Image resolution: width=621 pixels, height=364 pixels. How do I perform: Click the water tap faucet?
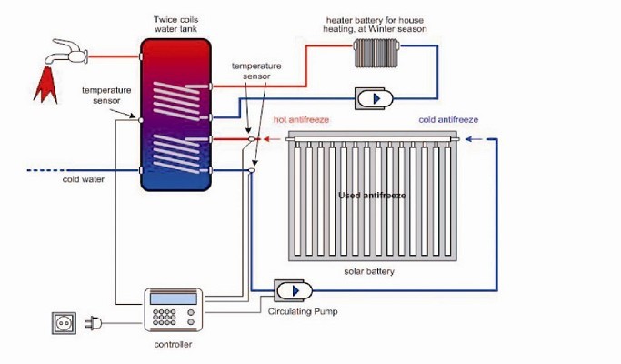pyautogui.click(x=66, y=52)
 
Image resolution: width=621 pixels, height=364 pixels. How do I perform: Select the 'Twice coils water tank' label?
pyautogui.click(x=175, y=25)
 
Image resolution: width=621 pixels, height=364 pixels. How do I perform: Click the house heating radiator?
pyautogui.click(x=376, y=53)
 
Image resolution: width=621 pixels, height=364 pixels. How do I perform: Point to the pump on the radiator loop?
pyautogui.click(x=375, y=98)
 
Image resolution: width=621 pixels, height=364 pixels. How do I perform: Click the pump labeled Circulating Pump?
pyautogui.click(x=293, y=291)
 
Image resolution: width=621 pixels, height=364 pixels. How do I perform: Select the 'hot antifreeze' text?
pyautogui.click(x=301, y=119)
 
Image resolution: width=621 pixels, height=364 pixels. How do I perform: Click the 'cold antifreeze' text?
pyautogui.click(x=448, y=119)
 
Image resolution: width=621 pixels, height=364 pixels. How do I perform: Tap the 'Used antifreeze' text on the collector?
pyautogui.click(x=372, y=195)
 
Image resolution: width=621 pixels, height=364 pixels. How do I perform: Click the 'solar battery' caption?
pyautogui.click(x=369, y=271)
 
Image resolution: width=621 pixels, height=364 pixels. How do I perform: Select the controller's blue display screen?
pyautogui.click(x=174, y=299)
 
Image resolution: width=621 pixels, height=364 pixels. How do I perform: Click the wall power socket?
pyautogui.click(x=64, y=323)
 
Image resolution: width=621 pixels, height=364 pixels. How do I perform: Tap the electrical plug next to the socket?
pyautogui.click(x=94, y=323)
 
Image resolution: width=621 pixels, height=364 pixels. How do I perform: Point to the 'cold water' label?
pyautogui.click(x=83, y=179)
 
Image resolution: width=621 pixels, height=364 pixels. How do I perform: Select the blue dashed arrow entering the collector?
pyautogui.click(x=475, y=139)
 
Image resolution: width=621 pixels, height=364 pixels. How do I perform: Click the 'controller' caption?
pyautogui.click(x=173, y=344)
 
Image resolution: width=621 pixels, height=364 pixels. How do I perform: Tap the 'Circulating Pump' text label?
pyautogui.click(x=303, y=311)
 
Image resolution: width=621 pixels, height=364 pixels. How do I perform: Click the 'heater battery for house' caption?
pyautogui.click(x=375, y=20)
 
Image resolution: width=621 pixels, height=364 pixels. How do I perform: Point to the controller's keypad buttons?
pyautogui.click(x=165, y=318)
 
